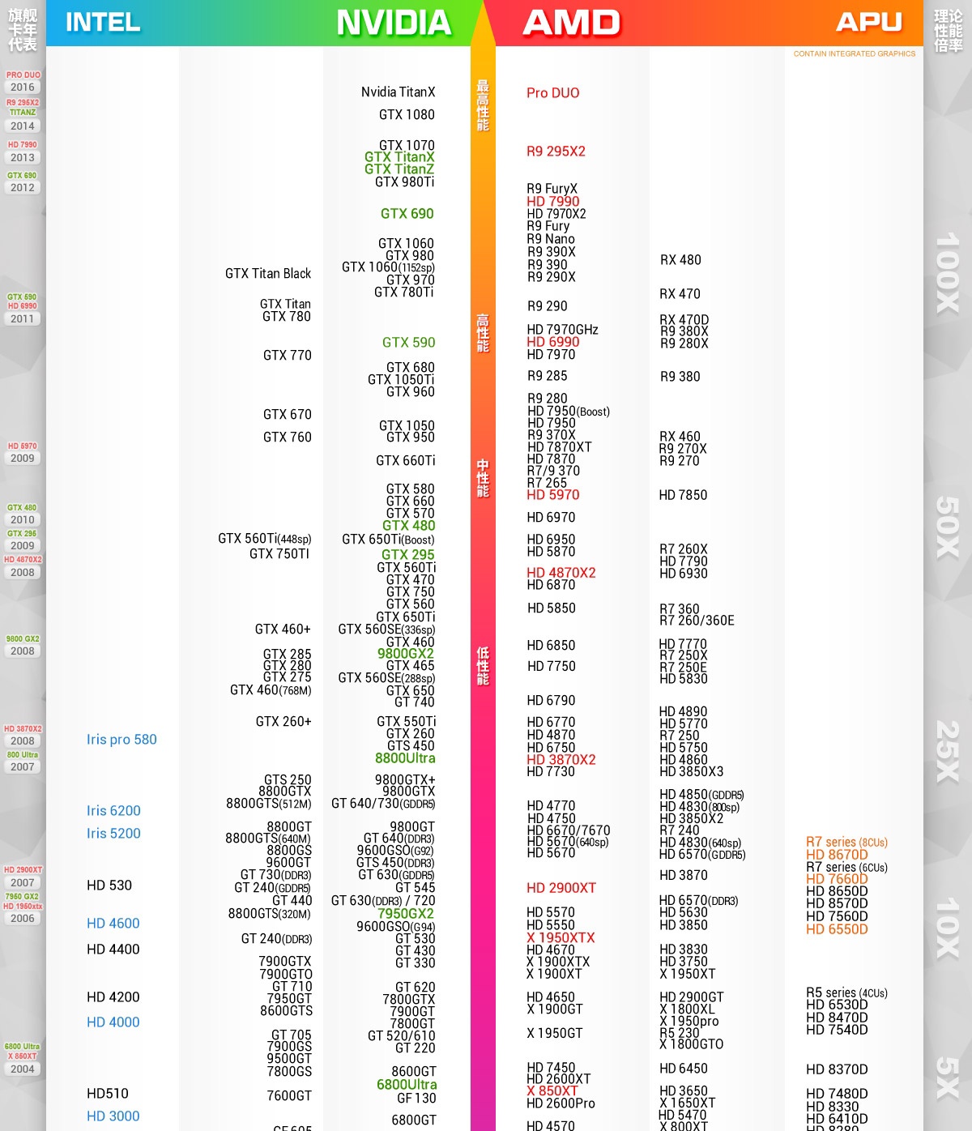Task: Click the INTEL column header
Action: pos(102,23)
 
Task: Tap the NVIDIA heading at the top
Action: pos(394,23)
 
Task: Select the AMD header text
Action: pos(572,23)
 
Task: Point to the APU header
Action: pos(869,22)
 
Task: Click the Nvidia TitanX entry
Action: pos(398,92)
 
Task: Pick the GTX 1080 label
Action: pos(407,115)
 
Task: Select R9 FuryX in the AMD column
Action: pos(552,189)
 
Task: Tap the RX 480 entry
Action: pos(680,260)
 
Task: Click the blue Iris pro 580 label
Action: pos(122,740)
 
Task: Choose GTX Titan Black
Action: pos(268,274)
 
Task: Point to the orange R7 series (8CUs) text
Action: pos(846,843)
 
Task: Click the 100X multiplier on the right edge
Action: pos(947,273)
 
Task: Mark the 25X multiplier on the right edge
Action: pos(947,752)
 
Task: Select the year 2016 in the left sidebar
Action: pos(23,87)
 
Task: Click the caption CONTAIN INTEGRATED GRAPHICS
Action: pos(855,54)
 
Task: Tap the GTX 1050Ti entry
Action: pos(401,380)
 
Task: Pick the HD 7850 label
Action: pos(683,495)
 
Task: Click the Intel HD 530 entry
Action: pos(109,886)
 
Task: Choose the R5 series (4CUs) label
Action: pos(846,993)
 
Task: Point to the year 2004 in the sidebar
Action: pos(23,1069)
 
